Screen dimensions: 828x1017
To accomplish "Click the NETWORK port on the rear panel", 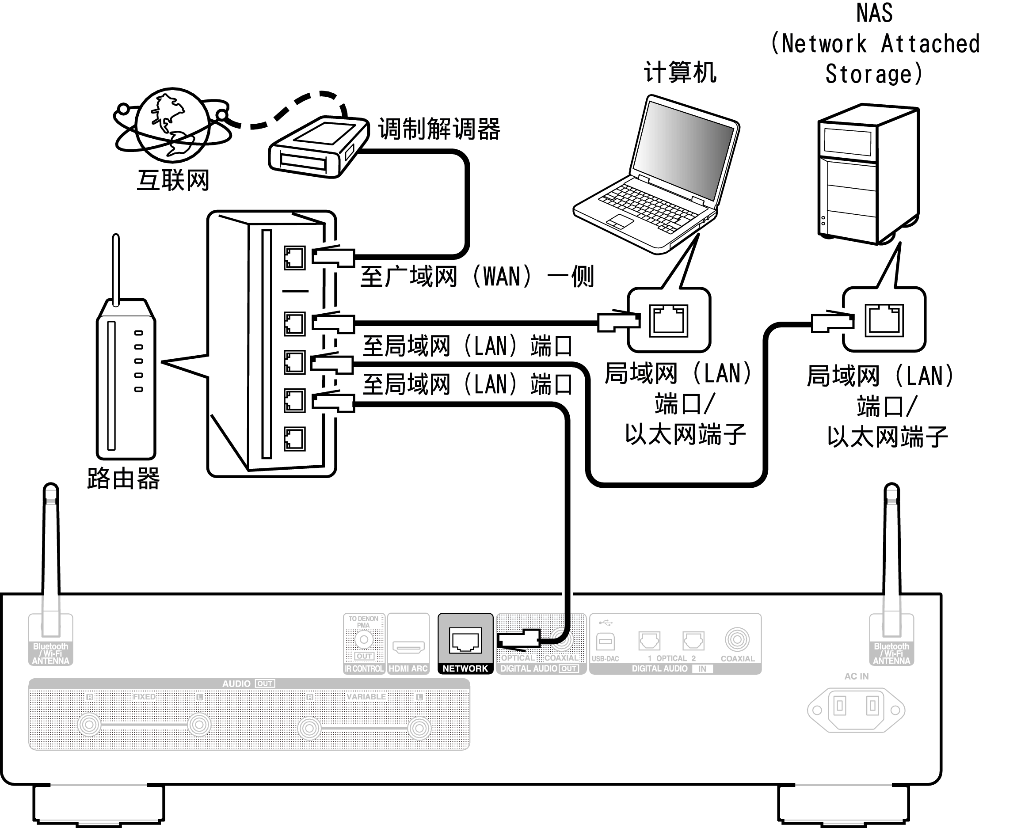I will tap(465, 641).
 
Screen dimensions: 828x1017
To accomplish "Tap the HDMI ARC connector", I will tap(408, 647).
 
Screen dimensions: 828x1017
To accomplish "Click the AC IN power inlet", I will tap(856, 709).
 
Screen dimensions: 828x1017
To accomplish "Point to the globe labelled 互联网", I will tap(172, 125).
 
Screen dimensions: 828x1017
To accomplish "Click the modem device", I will tap(318, 147).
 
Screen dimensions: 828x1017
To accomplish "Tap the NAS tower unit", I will tap(868, 174).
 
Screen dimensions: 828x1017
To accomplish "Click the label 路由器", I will tap(123, 479).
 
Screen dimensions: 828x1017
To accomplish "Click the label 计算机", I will tap(680, 72).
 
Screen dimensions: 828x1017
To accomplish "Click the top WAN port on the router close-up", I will tap(294, 258).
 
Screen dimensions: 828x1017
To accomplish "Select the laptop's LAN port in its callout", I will tap(669, 320).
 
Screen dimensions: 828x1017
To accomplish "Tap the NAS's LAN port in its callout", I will tap(884, 320).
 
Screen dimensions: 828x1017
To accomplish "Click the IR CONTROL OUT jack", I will tap(363, 640).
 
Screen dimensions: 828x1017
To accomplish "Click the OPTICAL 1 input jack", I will tap(649, 641).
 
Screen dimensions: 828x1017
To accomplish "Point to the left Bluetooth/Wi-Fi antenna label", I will tap(50, 653).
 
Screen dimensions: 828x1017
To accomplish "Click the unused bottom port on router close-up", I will tap(294, 439).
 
